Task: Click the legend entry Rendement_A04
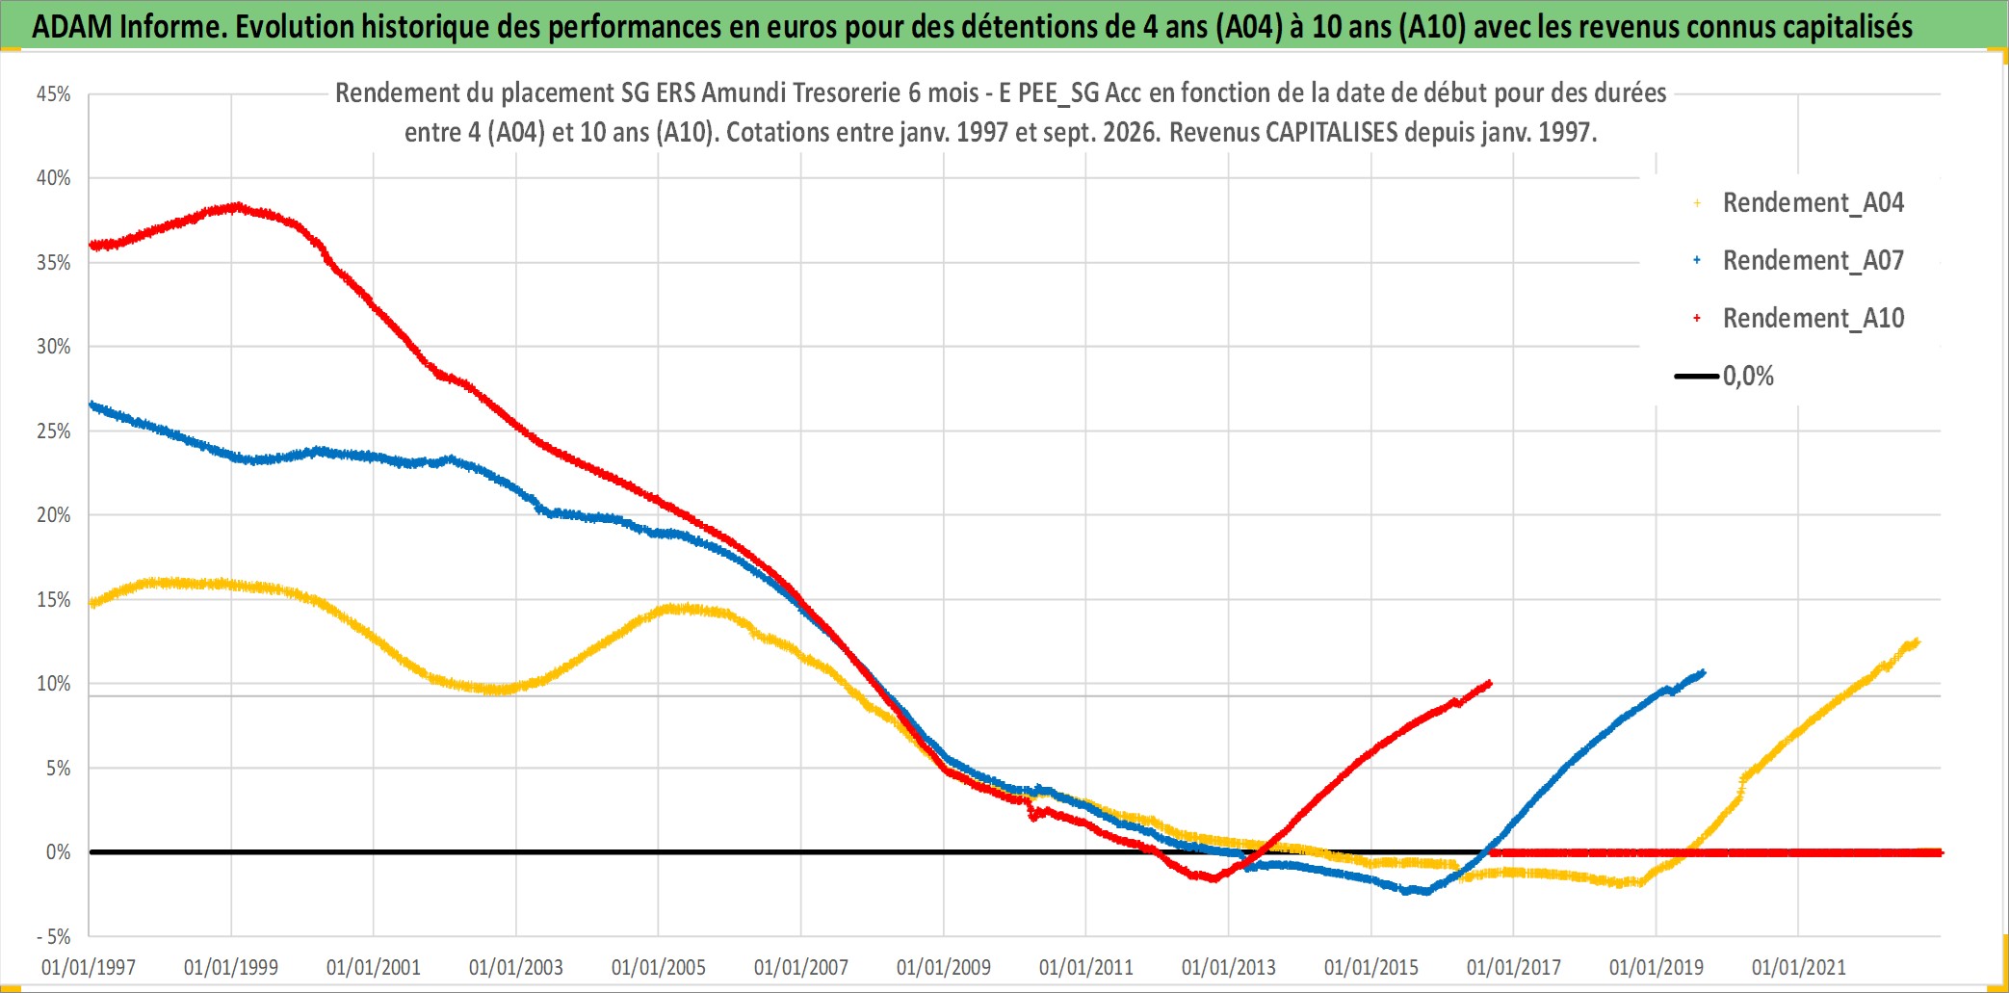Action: [1799, 203]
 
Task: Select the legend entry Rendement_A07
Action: [1799, 261]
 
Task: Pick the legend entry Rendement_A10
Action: [1799, 319]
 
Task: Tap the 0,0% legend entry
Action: [1725, 377]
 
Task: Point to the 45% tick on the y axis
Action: [54, 94]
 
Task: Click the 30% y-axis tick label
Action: [54, 347]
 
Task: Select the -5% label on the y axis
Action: [53, 936]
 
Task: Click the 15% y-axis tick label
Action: [54, 600]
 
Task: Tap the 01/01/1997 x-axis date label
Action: [89, 967]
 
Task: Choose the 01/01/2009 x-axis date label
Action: [944, 967]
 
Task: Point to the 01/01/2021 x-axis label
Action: [1799, 967]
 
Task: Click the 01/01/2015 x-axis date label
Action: [1371, 967]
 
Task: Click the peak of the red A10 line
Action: [237, 206]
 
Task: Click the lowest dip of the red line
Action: [1212, 878]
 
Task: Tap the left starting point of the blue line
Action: [91, 405]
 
